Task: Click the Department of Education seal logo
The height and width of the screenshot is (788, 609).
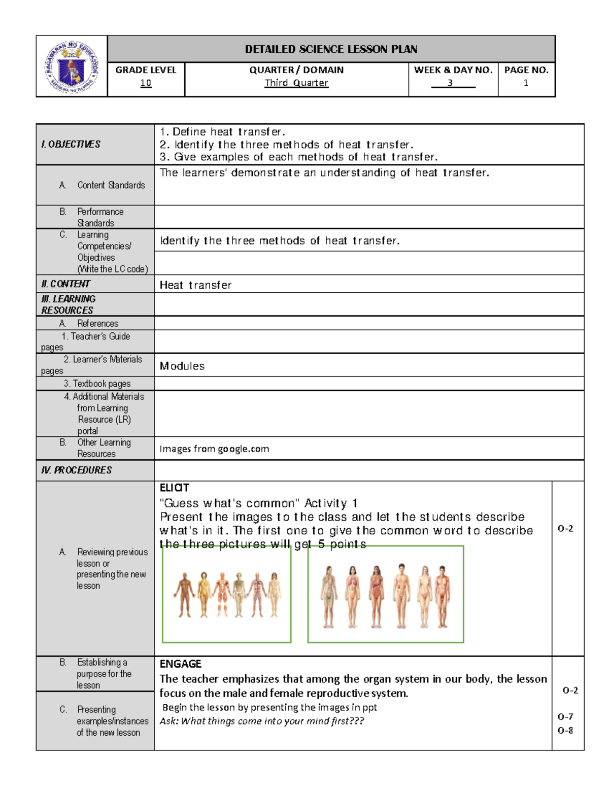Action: pyautogui.click(x=72, y=66)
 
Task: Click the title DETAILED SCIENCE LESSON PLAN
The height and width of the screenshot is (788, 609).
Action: pyautogui.click(x=331, y=49)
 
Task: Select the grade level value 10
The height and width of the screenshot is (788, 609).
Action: pyautogui.click(x=146, y=83)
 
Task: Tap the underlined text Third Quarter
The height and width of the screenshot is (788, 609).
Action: pyautogui.click(x=296, y=83)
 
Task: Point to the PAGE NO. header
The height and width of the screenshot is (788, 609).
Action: pyautogui.click(x=526, y=70)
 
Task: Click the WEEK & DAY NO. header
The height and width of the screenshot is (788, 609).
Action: pyautogui.click(x=453, y=70)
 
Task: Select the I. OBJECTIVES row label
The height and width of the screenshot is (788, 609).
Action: pyautogui.click(x=71, y=144)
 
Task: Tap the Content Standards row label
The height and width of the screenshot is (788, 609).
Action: pyautogui.click(x=111, y=185)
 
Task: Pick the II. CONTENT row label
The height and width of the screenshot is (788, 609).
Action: pyautogui.click(x=65, y=284)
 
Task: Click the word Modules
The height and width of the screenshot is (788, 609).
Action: pyautogui.click(x=182, y=366)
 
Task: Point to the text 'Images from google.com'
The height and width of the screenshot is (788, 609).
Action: pyautogui.click(x=214, y=449)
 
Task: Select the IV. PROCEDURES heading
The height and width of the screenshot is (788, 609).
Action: pyautogui.click(x=76, y=470)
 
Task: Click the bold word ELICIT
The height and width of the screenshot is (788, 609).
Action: pyautogui.click(x=174, y=488)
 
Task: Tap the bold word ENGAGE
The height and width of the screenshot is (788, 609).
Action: pyautogui.click(x=180, y=664)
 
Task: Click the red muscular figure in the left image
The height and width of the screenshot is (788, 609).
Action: pyautogui.click(x=222, y=594)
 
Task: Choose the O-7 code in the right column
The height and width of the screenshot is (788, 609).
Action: pyautogui.click(x=565, y=716)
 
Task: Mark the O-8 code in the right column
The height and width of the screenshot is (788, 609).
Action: pyautogui.click(x=565, y=730)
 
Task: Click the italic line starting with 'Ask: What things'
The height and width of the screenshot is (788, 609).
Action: pyautogui.click(x=261, y=721)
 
